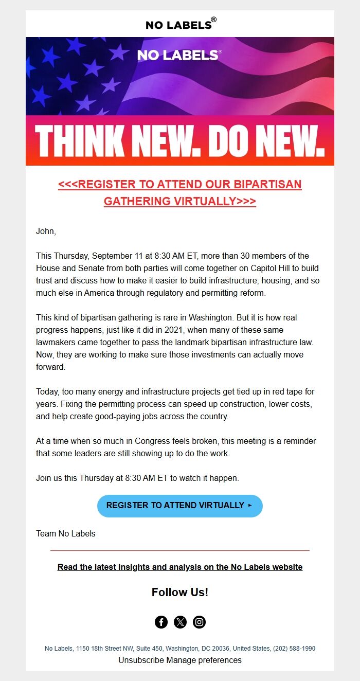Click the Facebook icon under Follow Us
(161, 622)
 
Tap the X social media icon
(180, 622)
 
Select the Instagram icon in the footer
(199, 622)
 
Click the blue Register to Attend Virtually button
(179, 506)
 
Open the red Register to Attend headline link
(180, 192)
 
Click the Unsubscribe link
(141, 660)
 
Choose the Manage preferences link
(204, 660)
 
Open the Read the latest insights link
(180, 567)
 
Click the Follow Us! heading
(180, 592)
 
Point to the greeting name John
(45, 231)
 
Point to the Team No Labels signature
(66, 533)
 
